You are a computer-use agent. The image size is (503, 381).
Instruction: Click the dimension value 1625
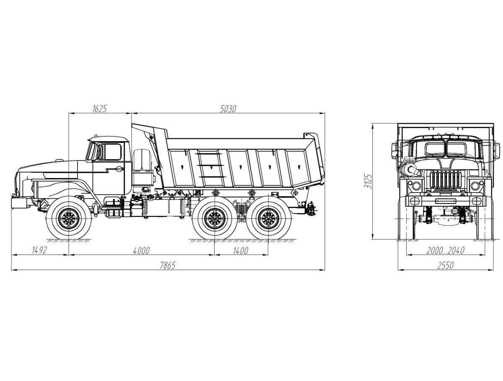99,109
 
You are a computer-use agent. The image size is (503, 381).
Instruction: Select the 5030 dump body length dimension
228,109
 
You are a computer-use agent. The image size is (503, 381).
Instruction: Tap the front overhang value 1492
39,250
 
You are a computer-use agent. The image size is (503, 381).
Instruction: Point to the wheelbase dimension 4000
141,251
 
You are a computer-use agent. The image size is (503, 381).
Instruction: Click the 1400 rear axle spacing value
241,251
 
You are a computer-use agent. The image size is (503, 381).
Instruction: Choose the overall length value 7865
168,265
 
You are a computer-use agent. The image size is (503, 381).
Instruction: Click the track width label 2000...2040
445,250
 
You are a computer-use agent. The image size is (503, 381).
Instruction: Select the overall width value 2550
445,265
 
